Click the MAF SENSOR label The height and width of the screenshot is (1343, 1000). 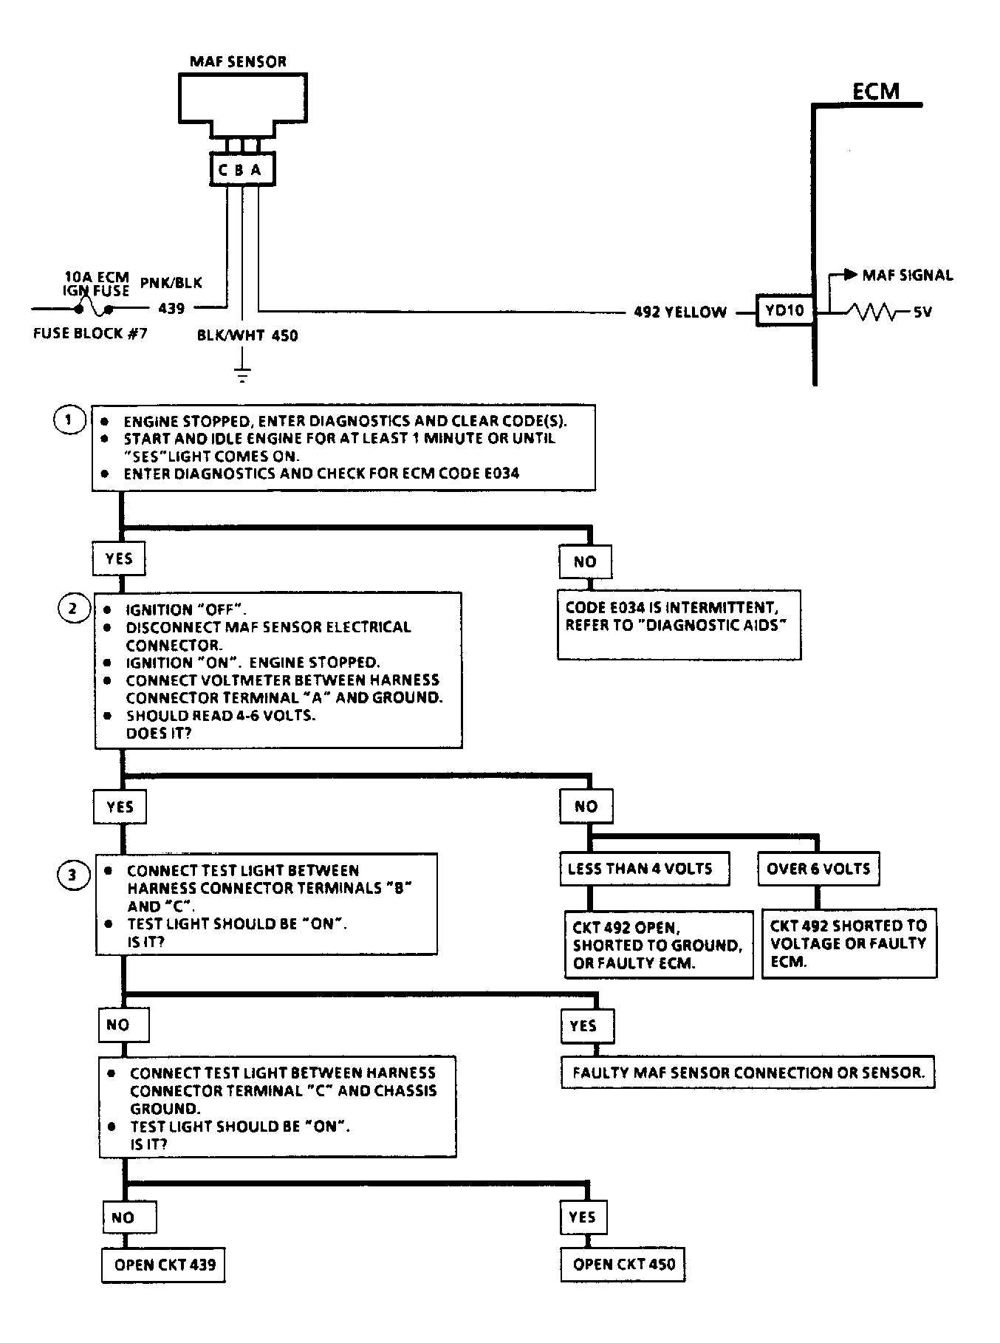tap(238, 61)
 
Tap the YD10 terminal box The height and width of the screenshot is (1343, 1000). tap(784, 310)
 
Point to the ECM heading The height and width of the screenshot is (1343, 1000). tap(876, 91)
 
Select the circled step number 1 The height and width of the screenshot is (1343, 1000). tap(70, 421)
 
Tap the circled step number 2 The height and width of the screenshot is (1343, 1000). tap(73, 609)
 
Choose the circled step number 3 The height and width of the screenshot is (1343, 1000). tap(72, 876)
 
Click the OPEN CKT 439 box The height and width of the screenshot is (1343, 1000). tap(163, 1265)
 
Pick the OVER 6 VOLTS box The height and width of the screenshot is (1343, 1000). tap(818, 869)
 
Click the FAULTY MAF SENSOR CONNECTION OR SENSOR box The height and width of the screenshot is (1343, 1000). tap(748, 1073)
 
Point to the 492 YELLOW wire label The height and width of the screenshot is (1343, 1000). tap(679, 312)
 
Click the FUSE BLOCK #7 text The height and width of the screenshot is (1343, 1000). tap(90, 333)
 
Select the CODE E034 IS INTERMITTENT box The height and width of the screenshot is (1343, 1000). tap(679, 624)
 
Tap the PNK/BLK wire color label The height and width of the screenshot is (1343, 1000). tap(171, 283)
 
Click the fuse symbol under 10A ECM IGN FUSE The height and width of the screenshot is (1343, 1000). tap(95, 306)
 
